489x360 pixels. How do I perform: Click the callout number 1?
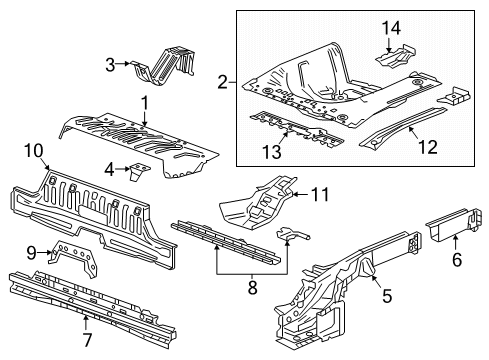coord(144,102)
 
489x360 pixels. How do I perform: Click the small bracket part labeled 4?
coord(136,173)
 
